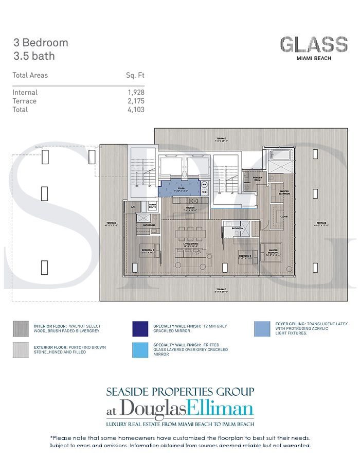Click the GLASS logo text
tap(313, 45)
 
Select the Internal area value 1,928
tap(136, 93)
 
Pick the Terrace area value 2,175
tap(136, 101)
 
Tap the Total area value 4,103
tap(136, 110)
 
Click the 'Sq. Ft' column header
tap(135, 75)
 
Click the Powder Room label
tap(257, 179)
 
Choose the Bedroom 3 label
tap(245, 256)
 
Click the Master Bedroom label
tap(273, 251)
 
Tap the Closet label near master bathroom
tap(284, 217)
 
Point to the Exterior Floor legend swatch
tap(21, 350)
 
